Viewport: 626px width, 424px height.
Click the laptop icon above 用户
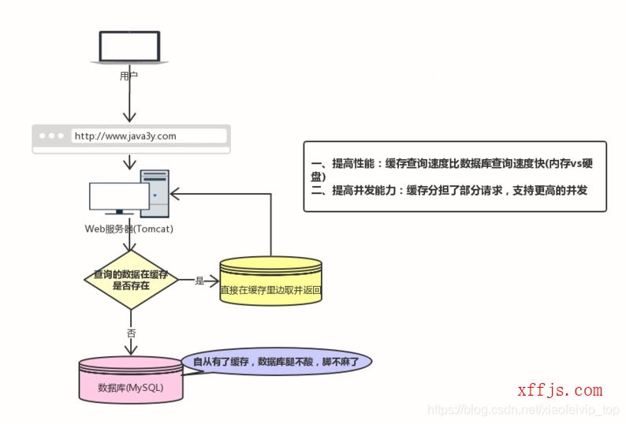point(129,51)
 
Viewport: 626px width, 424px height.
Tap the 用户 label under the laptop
point(129,76)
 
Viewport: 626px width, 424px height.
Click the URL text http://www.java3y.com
point(125,136)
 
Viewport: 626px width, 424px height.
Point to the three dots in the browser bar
point(52,136)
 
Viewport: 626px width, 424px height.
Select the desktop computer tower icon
point(155,192)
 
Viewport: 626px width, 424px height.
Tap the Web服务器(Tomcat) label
point(129,229)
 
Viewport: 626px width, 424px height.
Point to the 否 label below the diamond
point(131,333)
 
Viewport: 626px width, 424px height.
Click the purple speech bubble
point(276,363)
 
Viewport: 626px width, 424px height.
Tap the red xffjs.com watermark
point(560,390)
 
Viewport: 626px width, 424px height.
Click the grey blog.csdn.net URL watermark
point(524,411)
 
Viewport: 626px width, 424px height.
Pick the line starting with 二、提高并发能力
point(449,190)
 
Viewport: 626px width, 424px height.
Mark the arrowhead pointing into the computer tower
point(177,192)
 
